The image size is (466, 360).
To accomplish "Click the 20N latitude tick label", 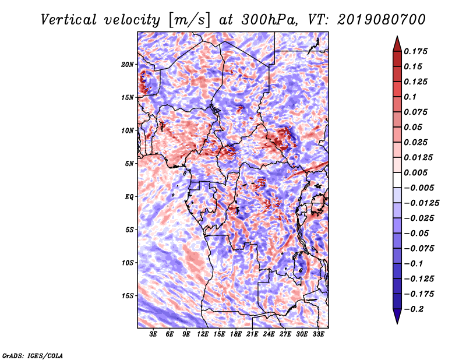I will click(128, 64).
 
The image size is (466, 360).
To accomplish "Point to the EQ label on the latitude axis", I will click(129, 197).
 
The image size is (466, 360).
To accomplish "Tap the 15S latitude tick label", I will click(128, 296).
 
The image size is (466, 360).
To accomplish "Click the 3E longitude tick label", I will click(153, 335).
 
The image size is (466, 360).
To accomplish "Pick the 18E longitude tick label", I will click(236, 335).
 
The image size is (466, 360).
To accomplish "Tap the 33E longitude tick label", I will click(318, 335).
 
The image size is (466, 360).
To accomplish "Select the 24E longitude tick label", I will click(269, 335).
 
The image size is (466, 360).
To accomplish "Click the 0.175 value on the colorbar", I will click(416, 51).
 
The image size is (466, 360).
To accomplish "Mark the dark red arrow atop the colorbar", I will click(396, 43).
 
